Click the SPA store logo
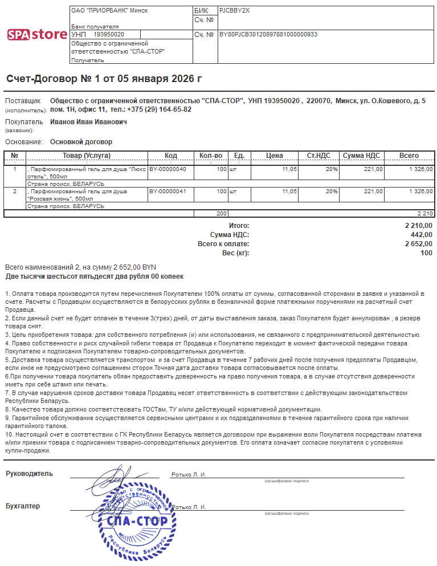tap(37, 34)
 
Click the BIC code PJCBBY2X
tap(234, 10)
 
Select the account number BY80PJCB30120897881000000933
tap(268, 35)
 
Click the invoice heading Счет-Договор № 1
tap(104, 79)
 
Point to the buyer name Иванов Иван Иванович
tap(88, 122)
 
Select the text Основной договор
tap(81, 142)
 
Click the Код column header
tap(171, 156)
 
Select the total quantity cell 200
tap(221, 213)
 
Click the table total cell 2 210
tap(425, 213)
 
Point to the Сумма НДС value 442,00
tap(421, 235)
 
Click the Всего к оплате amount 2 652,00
tap(418, 244)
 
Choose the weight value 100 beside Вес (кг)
tap(426, 253)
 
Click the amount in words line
tap(95, 276)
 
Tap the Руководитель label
tap(29, 474)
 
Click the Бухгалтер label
tap(23, 506)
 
